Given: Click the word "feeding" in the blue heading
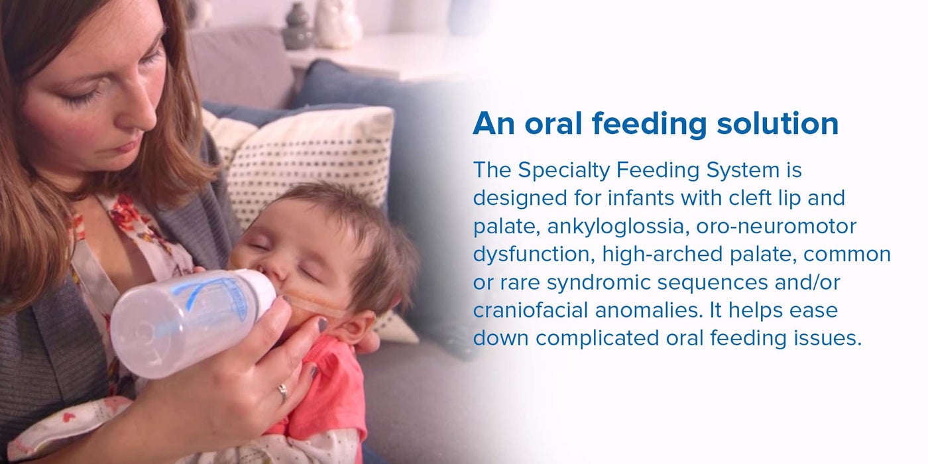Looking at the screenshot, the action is (649, 124).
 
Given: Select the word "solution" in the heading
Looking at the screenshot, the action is (778, 123).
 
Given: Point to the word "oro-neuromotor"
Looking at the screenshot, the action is (776, 226).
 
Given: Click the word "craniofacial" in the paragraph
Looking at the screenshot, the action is (530, 310).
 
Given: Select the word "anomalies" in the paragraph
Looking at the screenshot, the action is (649, 310).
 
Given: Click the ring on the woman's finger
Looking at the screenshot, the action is (283, 392).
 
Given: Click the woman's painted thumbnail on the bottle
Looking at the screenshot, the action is (322, 324).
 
